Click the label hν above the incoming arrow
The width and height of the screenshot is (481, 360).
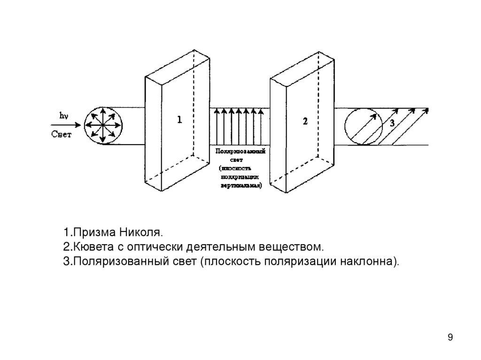tap(62, 115)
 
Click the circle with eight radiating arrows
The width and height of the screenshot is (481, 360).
tap(103, 126)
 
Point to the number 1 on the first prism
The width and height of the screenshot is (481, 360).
tap(179, 121)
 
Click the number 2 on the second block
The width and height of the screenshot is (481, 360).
tap(305, 122)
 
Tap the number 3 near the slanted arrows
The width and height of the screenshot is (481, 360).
tap(392, 123)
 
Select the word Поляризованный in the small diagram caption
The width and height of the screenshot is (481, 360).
tap(240, 152)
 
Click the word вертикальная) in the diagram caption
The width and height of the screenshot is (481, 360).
tap(241, 185)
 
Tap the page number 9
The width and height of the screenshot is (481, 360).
tap(450, 337)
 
